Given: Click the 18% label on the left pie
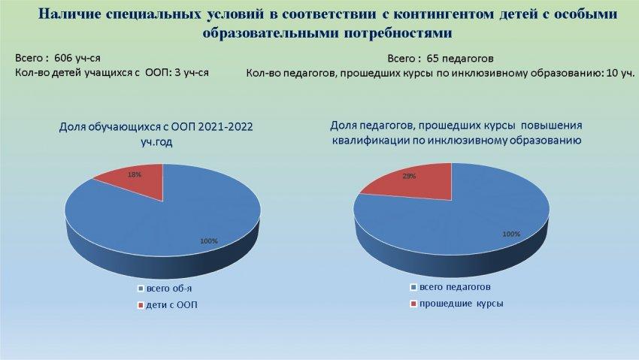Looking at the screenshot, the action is click(x=135, y=174).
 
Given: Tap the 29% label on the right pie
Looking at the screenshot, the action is click(x=409, y=177).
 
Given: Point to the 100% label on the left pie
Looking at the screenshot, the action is click(x=209, y=241).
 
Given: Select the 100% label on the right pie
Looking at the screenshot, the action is click(x=511, y=234).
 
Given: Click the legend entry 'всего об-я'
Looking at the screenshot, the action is click(x=168, y=289).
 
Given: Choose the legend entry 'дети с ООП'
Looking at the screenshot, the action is click(x=171, y=305).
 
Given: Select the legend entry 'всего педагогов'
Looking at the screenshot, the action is click(x=455, y=286).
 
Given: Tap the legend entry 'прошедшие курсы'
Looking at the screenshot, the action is click(x=462, y=304).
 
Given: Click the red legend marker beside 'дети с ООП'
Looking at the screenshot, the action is click(x=141, y=305).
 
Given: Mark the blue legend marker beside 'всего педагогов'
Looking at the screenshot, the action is click(x=413, y=287).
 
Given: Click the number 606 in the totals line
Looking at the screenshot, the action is click(x=62, y=58).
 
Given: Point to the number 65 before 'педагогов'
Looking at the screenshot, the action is click(x=432, y=59).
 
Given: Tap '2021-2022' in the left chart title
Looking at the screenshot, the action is click(x=226, y=127).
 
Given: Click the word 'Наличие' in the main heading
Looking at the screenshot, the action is click(x=70, y=14).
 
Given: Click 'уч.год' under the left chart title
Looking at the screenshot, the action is click(x=156, y=142).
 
